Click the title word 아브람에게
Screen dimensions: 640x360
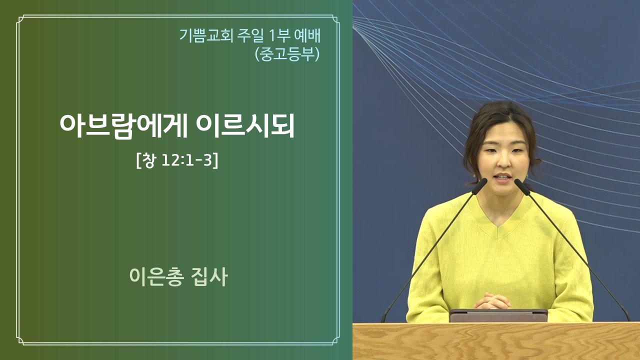point(123,126)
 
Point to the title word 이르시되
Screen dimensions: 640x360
point(245,126)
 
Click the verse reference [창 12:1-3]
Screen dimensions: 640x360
point(177,160)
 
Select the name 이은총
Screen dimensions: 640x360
point(156,276)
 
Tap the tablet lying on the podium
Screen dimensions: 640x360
point(498,315)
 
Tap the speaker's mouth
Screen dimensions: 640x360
point(503,177)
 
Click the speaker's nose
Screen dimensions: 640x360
point(503,161)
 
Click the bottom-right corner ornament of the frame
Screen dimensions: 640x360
point(335,341)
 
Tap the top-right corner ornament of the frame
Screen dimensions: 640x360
point(335,19)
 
